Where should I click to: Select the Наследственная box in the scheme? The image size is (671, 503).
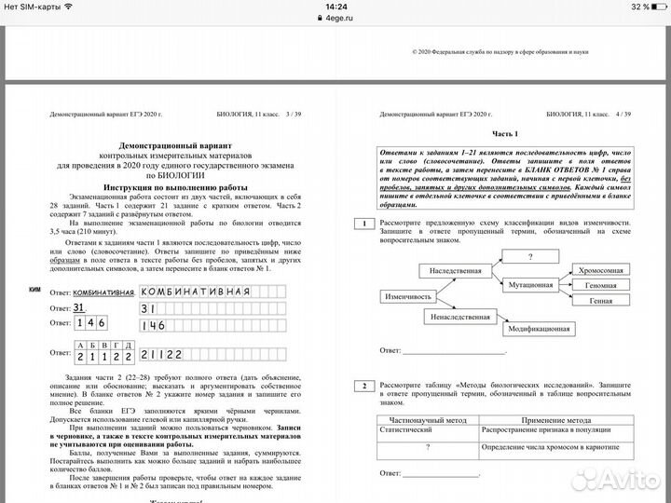pyautogui.click(x=456, y=270)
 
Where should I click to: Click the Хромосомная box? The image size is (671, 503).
pyautogui.click(x=600, y=269)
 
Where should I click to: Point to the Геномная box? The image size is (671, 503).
pyautogui.click(x=600, y=285)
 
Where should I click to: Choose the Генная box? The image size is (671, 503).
pyautogui.click(x=600, y=302)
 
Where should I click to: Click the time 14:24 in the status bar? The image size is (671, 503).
pyautogui.click(x=335, y=7)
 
